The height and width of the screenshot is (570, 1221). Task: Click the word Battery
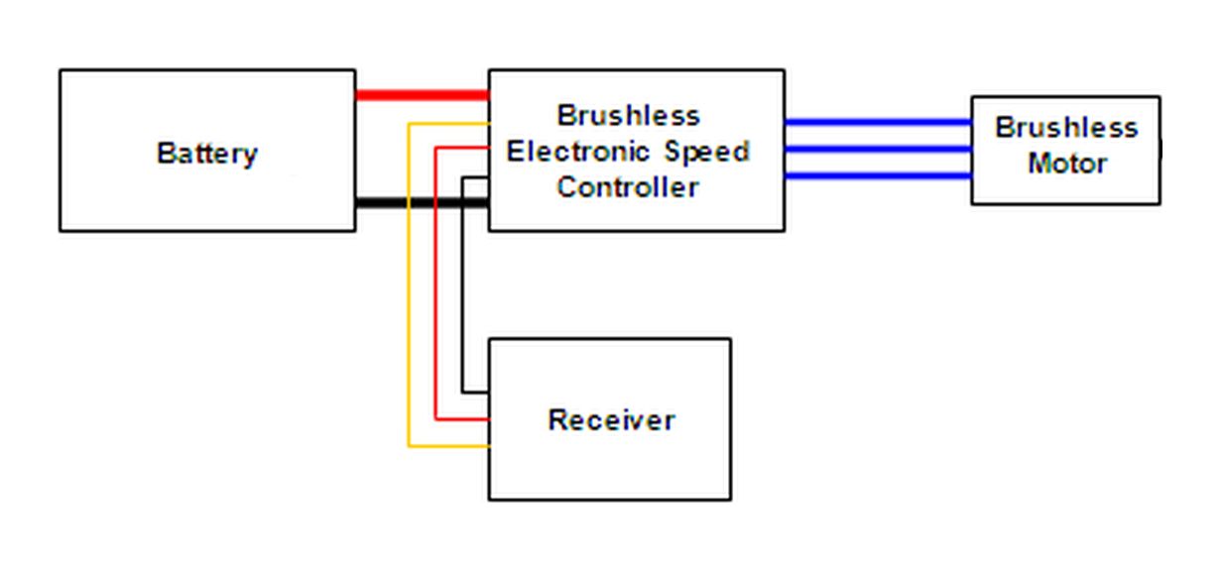point(207,154)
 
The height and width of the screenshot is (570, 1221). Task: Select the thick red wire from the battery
point(422,95)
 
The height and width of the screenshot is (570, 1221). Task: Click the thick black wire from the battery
point(422,203)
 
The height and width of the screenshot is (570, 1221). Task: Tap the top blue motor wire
point(877,122)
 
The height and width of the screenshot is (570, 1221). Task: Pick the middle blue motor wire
point(877,150)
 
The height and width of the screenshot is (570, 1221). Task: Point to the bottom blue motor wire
point(877,176)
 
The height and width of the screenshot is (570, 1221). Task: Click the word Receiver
point(611,419)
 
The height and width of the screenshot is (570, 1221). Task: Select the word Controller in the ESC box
point(628,187)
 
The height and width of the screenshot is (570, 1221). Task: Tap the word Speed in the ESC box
point(707,152)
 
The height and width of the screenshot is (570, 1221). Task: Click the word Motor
point(1066,163)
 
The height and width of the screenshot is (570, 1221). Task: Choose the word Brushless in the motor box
point(1066,128)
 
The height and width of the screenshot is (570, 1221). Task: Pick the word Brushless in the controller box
point(628,116)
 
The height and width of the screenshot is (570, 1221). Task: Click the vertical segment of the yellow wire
point(409,287)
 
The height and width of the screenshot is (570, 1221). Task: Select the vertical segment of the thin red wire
point(436,287)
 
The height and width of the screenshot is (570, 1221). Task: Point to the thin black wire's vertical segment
point(463,287)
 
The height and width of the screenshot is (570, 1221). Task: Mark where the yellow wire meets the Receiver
point(487,446)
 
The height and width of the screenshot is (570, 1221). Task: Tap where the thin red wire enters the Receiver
point(487,418)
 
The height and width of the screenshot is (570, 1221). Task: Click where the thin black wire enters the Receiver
point(487,391)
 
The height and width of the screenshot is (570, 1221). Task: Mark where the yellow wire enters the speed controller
point(487,123)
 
